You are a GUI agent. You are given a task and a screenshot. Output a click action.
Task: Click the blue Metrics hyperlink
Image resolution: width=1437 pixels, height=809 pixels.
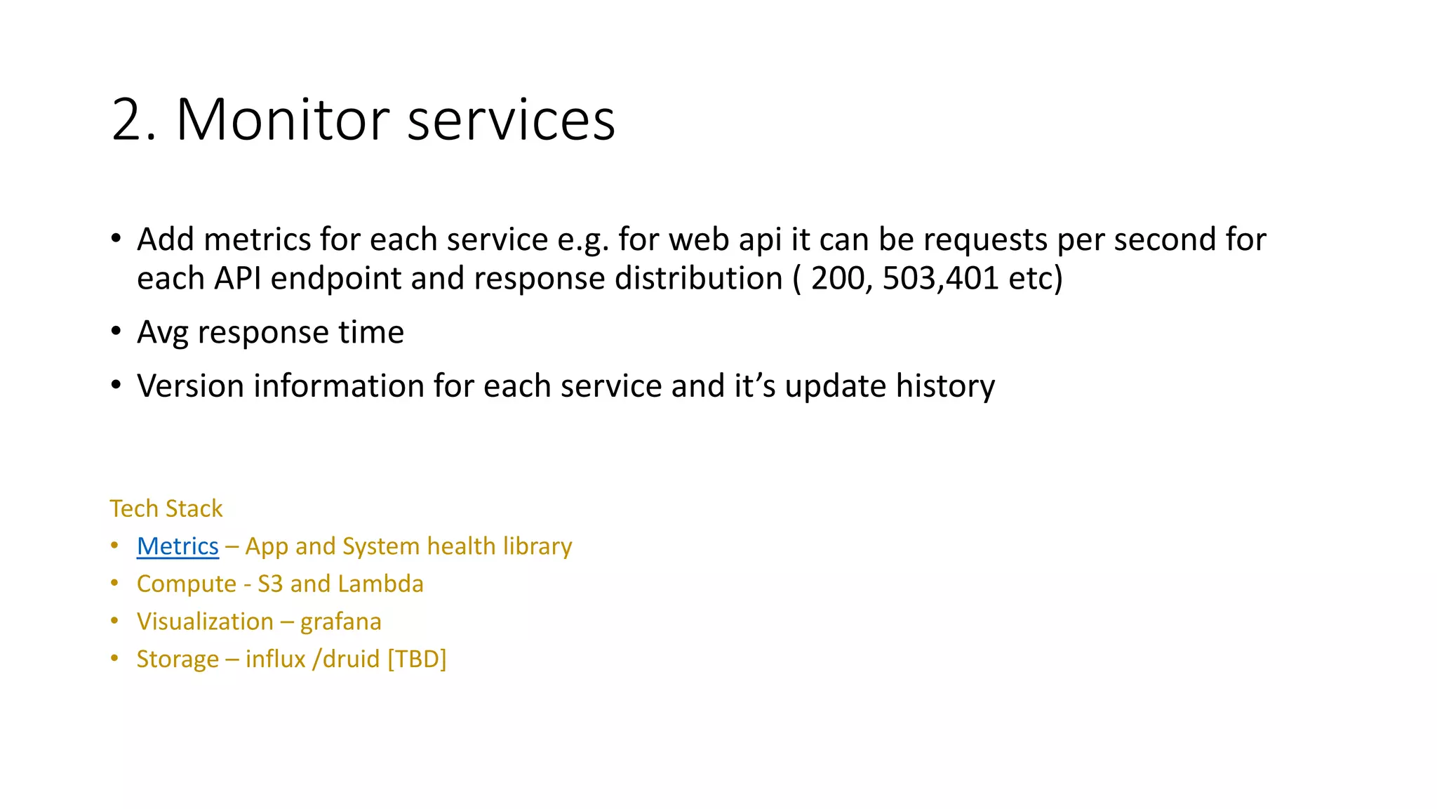tap(178, 546)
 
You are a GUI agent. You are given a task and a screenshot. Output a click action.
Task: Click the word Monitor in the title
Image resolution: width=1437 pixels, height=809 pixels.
tap(282, 119)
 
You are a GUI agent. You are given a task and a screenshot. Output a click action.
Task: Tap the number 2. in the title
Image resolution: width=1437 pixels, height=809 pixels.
tap(133, 119)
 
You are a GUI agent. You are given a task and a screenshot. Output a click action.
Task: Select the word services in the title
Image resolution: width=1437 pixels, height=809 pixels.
tap(511, 119)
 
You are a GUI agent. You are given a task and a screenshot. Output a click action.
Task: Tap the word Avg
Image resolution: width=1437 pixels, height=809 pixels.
tap(163, 332)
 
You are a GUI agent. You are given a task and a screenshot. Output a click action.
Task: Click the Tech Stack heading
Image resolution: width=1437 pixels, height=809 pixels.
tap(166, 508)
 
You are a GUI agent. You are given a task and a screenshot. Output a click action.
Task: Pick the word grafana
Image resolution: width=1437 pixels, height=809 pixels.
tap(340, 621)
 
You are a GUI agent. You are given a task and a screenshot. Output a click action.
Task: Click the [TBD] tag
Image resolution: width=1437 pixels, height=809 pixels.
tap(417, 659)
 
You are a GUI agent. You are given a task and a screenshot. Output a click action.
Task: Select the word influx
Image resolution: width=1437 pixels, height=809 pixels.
tap(275, 659)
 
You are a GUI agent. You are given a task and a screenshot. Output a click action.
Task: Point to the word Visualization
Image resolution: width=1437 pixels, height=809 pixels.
tap(205, 621)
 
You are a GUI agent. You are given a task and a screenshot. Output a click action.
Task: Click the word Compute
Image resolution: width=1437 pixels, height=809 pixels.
tap(186, 584)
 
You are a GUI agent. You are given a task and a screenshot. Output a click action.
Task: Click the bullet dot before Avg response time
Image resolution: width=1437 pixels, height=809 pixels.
tap(116, 331)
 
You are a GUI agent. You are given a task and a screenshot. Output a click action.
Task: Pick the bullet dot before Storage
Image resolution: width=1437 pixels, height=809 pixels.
tap(115, 659)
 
